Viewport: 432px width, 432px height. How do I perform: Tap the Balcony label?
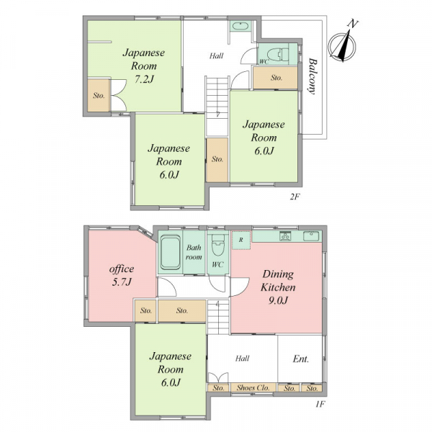click(x=312, y=76)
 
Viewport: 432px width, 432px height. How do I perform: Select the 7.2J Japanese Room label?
click(x=144, y=66)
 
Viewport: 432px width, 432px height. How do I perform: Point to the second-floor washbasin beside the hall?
click(x=240, y=27)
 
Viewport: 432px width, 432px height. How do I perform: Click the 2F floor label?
click(x=294, y=197)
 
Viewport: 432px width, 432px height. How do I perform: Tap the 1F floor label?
click(x=320, y=404)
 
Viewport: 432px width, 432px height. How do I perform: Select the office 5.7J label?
click(x=122, y=275)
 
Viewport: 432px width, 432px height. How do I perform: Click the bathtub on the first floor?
click(x=171, y=252)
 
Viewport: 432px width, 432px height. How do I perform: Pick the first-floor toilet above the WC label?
click(x=217, y=244)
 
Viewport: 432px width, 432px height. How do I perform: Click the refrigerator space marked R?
click(x=241, y=240)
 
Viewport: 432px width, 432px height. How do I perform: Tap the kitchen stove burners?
click(x=286, y=236)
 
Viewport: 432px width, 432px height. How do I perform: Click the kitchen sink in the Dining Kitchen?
click(x=311, y=236)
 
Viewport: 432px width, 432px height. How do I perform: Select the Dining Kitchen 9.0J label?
click(x=278, y=287)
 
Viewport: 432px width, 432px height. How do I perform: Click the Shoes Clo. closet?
click(x=253, y=387)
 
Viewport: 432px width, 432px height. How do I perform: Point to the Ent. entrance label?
click(x=300, y=359)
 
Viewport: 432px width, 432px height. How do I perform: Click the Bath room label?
click(x=194, y=252)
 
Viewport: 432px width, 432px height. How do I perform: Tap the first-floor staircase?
click(x=218, y=317)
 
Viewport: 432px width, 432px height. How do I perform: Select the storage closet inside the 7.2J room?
click(x=99, y=96)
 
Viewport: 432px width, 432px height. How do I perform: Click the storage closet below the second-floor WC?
click(x=276, y=78)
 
